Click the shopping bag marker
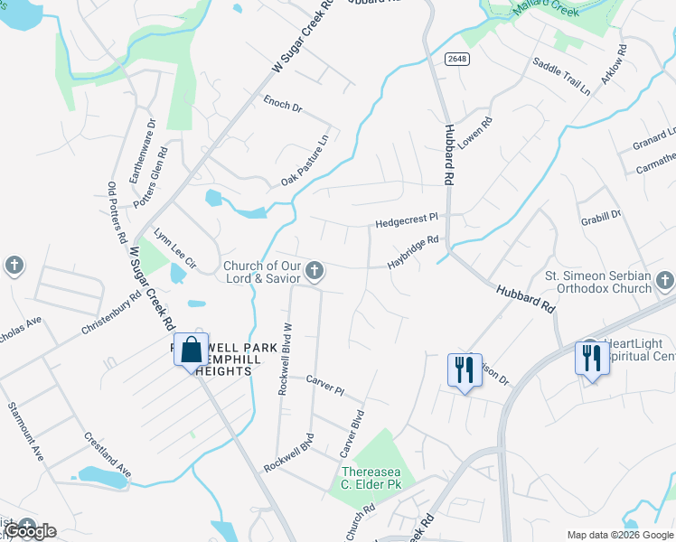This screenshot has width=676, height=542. pyautogui.click(x=192, y=350)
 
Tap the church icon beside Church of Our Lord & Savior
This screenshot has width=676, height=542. pyautogui.click(x=315, y=269)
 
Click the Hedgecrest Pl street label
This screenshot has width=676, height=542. pyautogui.click(x=407, y=219)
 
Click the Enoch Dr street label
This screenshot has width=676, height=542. pyautogui.click(x=282, y=107)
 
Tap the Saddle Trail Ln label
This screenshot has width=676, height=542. pyautogui.click(x=561, y=76)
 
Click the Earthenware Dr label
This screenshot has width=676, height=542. pyautogui.click(x=142, y=150)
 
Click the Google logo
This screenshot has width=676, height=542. pyautogui.click(x=30, y=531)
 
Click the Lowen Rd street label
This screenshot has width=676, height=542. pyautogui.click(x=474, y=133)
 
